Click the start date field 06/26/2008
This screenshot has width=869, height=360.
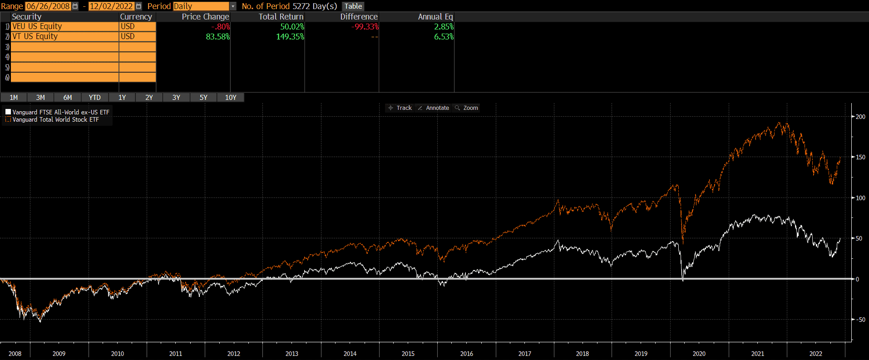tap(48, 6)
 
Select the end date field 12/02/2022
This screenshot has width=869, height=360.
tap(111, 6)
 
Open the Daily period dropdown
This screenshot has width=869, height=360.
tap(232, 6)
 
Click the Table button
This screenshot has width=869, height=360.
tap(353, 6)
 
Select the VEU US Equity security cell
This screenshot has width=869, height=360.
tap(64, 26)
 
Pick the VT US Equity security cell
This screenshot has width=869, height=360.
tap(64, 36)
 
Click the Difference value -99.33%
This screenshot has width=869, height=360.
tap(365, 27)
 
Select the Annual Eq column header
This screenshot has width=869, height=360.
tap(435, 17)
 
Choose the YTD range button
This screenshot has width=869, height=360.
tap(94, 98)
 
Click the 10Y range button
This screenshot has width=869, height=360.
tap(231, 98)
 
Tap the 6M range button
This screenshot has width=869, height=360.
tap(68, 98)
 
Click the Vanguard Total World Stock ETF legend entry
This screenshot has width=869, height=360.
tap(55, 120)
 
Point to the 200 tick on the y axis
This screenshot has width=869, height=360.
tap(860, 117)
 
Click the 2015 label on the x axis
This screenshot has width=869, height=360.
tap(408, 354)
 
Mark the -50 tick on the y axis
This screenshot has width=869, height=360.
tap(860, 320)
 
